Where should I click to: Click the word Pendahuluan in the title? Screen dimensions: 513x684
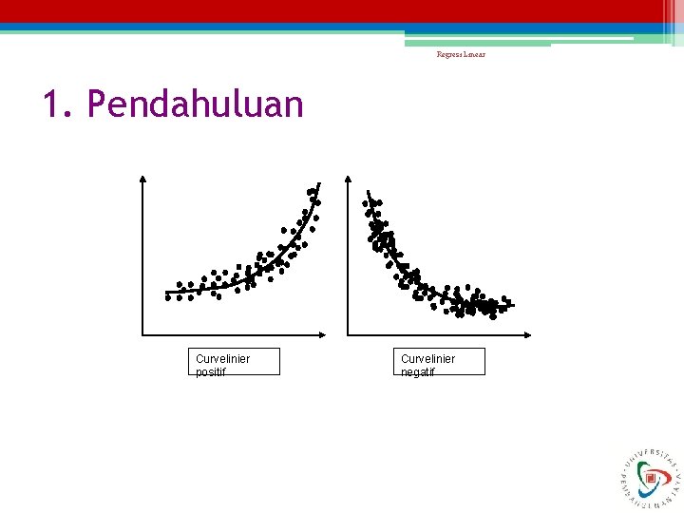click(195, 104)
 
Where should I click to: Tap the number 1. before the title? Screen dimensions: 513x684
click(58, 104)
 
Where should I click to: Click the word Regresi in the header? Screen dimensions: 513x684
click(449, 54)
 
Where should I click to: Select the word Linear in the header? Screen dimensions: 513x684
click(474, 54)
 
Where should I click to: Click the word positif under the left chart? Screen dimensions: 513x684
click(211, 371)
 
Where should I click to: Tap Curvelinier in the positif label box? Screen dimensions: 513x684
click(222, 358)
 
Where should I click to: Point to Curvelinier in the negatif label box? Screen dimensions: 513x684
click(427, 358)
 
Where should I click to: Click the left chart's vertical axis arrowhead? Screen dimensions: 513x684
click(142, 179)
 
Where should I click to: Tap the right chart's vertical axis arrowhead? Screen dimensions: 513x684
click(348, 179)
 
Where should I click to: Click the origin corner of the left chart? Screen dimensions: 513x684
click(142, 334)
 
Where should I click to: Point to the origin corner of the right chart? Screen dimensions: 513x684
click(348, 334)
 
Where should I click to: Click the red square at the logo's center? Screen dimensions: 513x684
click(651, 480)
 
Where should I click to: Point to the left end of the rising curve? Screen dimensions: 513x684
click(167, 292)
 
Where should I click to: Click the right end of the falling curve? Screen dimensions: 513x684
click(512, 305)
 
